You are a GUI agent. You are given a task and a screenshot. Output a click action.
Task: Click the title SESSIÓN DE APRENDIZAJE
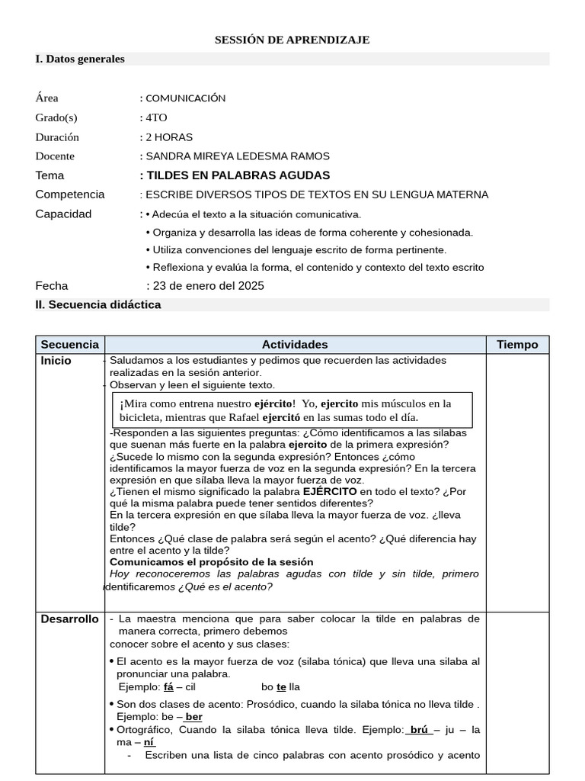pyautogui.click(x=292, y=40)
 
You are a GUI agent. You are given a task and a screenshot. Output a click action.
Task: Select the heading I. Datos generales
pyautogui.click(x=80, y=59)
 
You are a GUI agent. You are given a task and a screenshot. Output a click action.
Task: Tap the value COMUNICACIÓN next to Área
pyautogui.click(x=185, y=98)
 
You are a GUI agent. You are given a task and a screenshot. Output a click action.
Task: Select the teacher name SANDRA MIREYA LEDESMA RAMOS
pyautogui.click(x=238, y=156)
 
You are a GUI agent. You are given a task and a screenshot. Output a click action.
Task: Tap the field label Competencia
pyautogui.click(x=70, y=194)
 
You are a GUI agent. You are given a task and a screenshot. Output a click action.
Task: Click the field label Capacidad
pyautogui.click(x=63, y=214)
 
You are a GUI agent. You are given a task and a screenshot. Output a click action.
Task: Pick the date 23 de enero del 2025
pyautogui.click(x=209, y=286)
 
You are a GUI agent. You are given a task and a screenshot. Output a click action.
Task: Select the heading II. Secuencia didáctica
pyautogui.click(x=98, y=304)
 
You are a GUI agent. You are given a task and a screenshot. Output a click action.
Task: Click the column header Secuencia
pyautogui.click(x=70, y=345)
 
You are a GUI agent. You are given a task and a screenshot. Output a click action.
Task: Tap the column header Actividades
pyautogui.click(x=295, y=345)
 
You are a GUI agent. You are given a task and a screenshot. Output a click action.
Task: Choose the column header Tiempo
pyautogui.click(x=517, y=345)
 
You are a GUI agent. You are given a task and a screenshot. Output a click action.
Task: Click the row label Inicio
pyautogui.click(x=56, y=361)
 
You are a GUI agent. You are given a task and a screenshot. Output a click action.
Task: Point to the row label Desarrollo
pyautogui.click(x=69, y=619)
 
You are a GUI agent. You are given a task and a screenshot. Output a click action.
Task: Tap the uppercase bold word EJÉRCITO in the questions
pyautogui.click(x=330, y=492)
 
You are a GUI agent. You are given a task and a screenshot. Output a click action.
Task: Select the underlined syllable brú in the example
pyautogui.click(x=419, y=730)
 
